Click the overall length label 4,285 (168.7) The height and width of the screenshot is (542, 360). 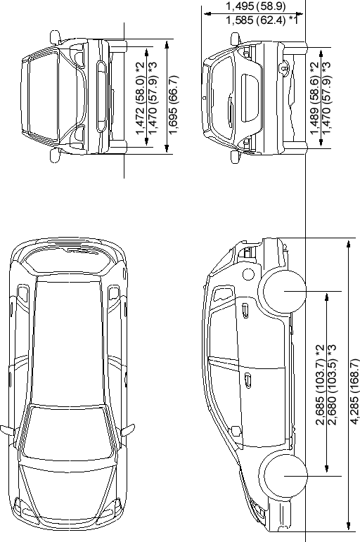tap(354, 392)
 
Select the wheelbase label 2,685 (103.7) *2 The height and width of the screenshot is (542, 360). tap(320, 385)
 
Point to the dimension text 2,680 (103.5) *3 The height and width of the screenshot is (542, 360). tap(333, 385)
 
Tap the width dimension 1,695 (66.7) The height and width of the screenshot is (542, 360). tap(174, 105)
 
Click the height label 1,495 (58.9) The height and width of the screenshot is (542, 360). tap(255, 6)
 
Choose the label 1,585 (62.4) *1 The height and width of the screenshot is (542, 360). tap(262, 20)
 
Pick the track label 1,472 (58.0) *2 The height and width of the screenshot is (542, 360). tap(140, 98)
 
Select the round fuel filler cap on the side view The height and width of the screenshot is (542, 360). tap(248, 274)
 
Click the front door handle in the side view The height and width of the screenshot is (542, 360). tap(247, 380)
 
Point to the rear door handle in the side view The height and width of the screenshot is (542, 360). tap(245, 310)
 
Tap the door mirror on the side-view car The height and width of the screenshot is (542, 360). tap(236, 431)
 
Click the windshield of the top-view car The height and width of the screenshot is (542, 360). tap(68, 434)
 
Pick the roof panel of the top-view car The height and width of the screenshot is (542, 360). tap(68, 342)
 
